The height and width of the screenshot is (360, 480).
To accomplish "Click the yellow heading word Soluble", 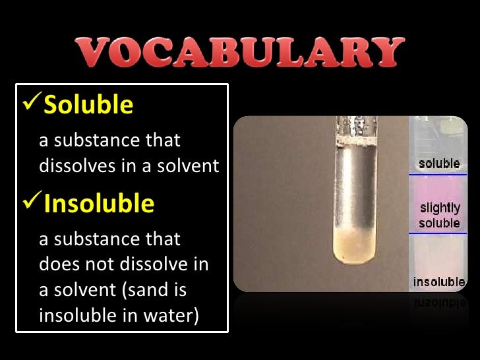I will click(x=88, y=105).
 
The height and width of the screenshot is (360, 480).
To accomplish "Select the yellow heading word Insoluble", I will click(x=99, y=204).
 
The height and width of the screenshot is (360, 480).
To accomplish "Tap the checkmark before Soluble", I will click(x=32, y=104).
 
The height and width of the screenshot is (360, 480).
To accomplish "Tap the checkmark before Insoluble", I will click(x=32, y=203).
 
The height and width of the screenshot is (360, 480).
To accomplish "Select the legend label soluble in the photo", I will click(x=439, y=163).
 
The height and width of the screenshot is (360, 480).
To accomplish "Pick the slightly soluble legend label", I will click(x=439, y=216).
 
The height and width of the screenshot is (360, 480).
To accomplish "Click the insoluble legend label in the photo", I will click(x=439, y=282).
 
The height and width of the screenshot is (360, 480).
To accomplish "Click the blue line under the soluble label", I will click(x=439, y=174).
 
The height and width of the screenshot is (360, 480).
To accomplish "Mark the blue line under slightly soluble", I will click(x=439, y=233).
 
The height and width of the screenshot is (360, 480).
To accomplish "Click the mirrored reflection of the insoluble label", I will click(x=439, y=301).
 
